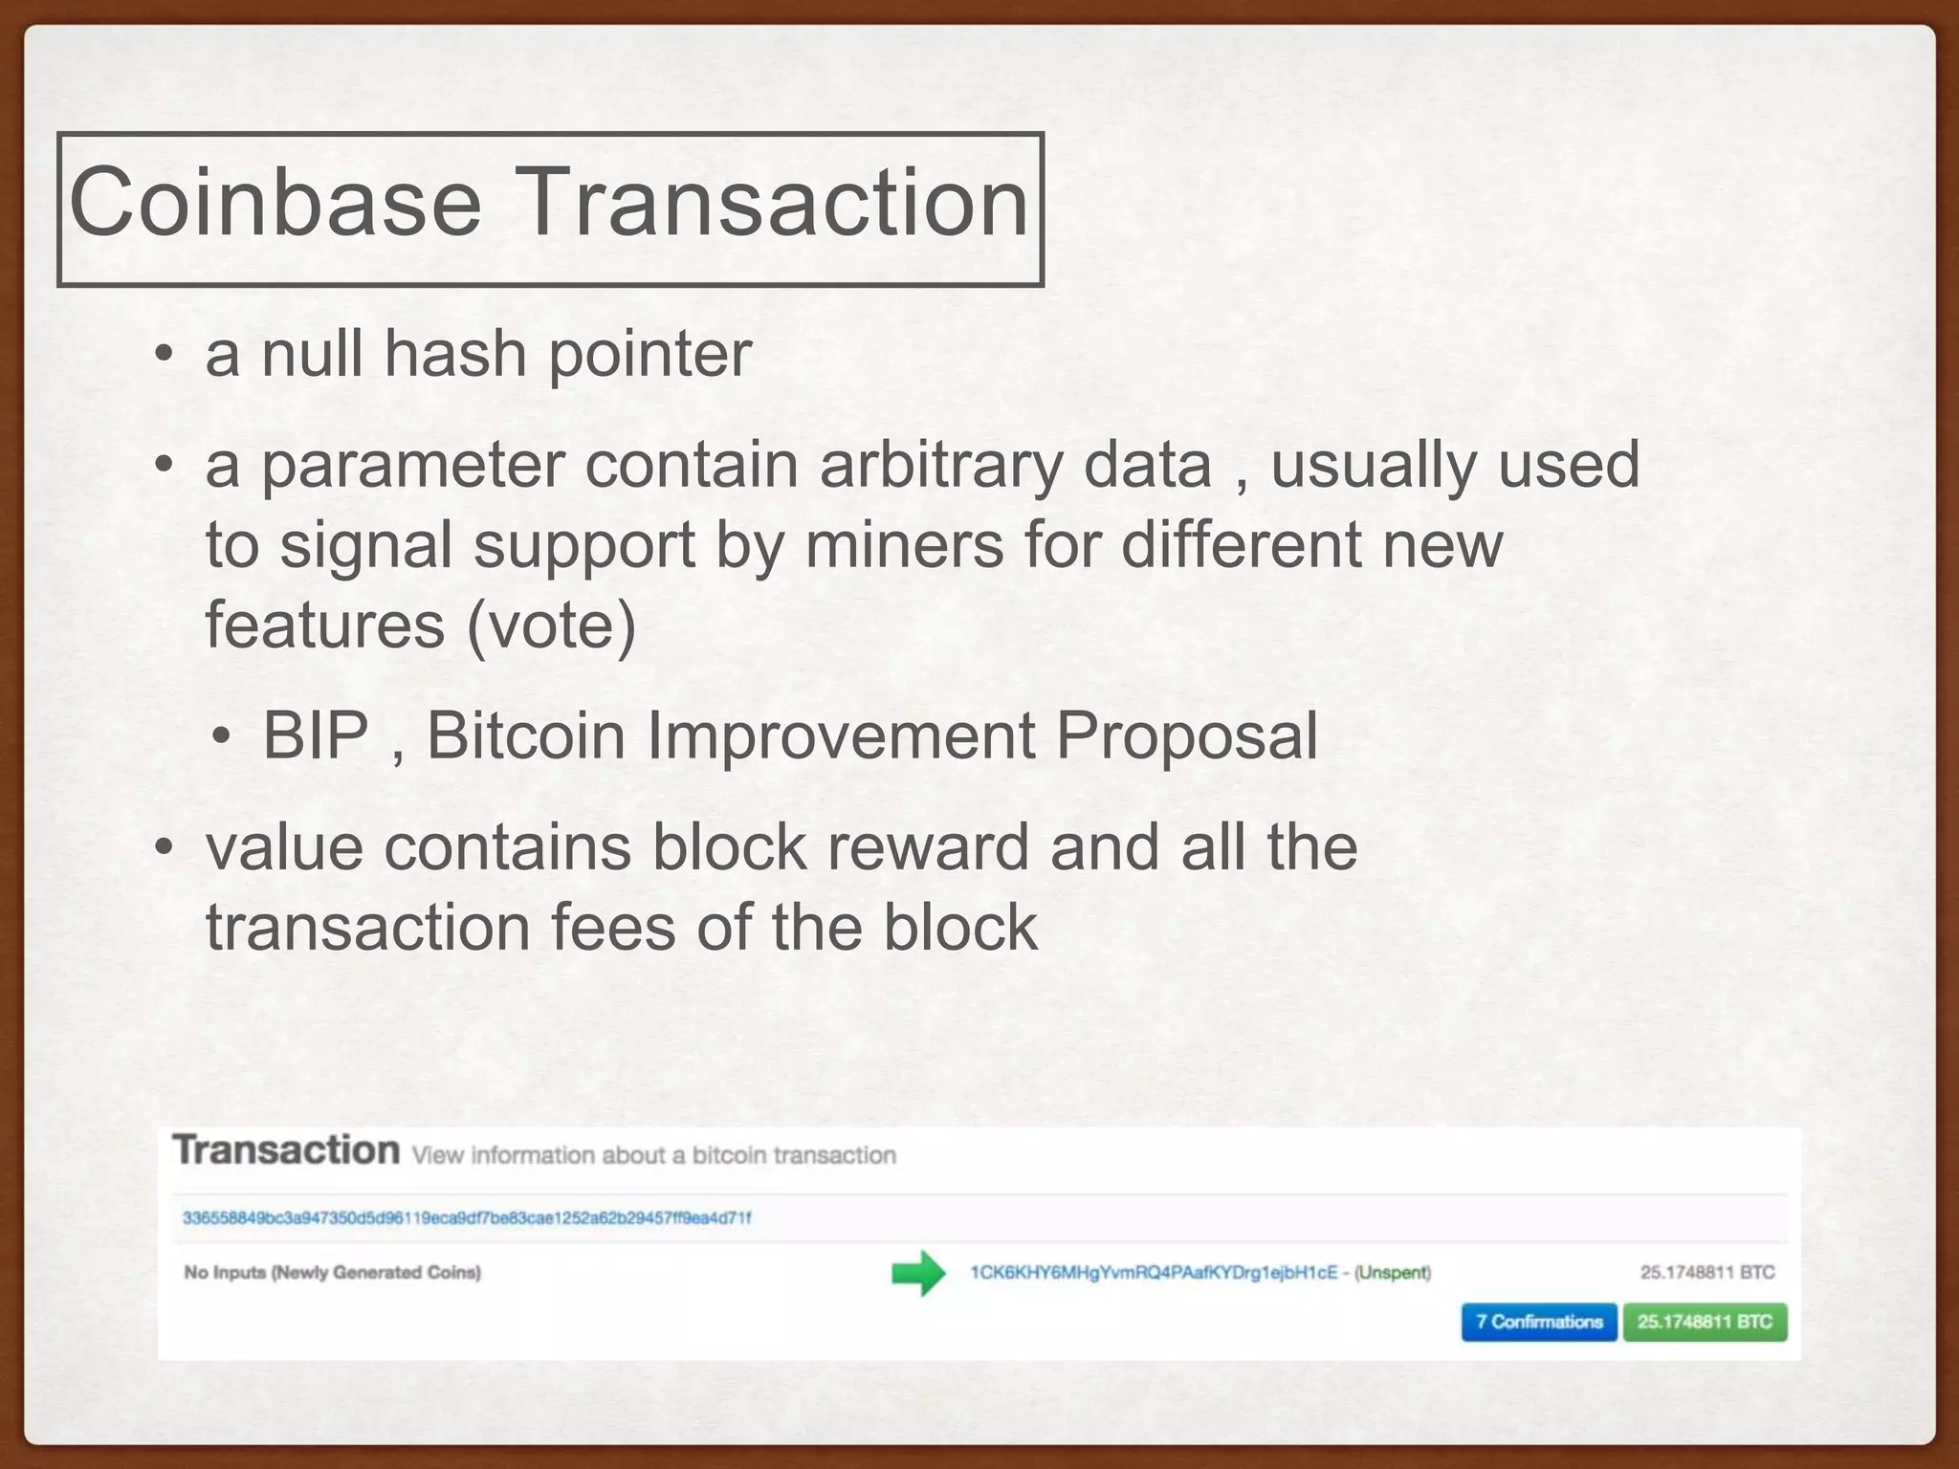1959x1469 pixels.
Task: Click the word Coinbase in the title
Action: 275,203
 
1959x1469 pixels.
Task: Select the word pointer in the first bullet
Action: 649,356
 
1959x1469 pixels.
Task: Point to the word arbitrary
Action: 940,466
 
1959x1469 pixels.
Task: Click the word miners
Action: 903,545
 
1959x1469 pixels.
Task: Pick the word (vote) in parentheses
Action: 551,625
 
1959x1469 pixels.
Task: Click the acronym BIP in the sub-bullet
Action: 316,736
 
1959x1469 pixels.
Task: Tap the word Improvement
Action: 841,736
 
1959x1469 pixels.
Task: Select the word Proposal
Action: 1186,736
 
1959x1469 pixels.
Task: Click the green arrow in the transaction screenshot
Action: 918,1273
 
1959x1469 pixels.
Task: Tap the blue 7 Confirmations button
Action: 1538,1322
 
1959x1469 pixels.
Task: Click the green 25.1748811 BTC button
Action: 1705,1322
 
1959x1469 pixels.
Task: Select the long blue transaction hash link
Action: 467,1217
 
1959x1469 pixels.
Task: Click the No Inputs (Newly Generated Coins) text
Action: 332,1272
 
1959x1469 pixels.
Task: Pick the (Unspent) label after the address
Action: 1393,1272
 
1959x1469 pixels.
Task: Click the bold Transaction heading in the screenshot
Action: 286,1150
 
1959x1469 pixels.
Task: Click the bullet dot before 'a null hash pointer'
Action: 165,355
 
